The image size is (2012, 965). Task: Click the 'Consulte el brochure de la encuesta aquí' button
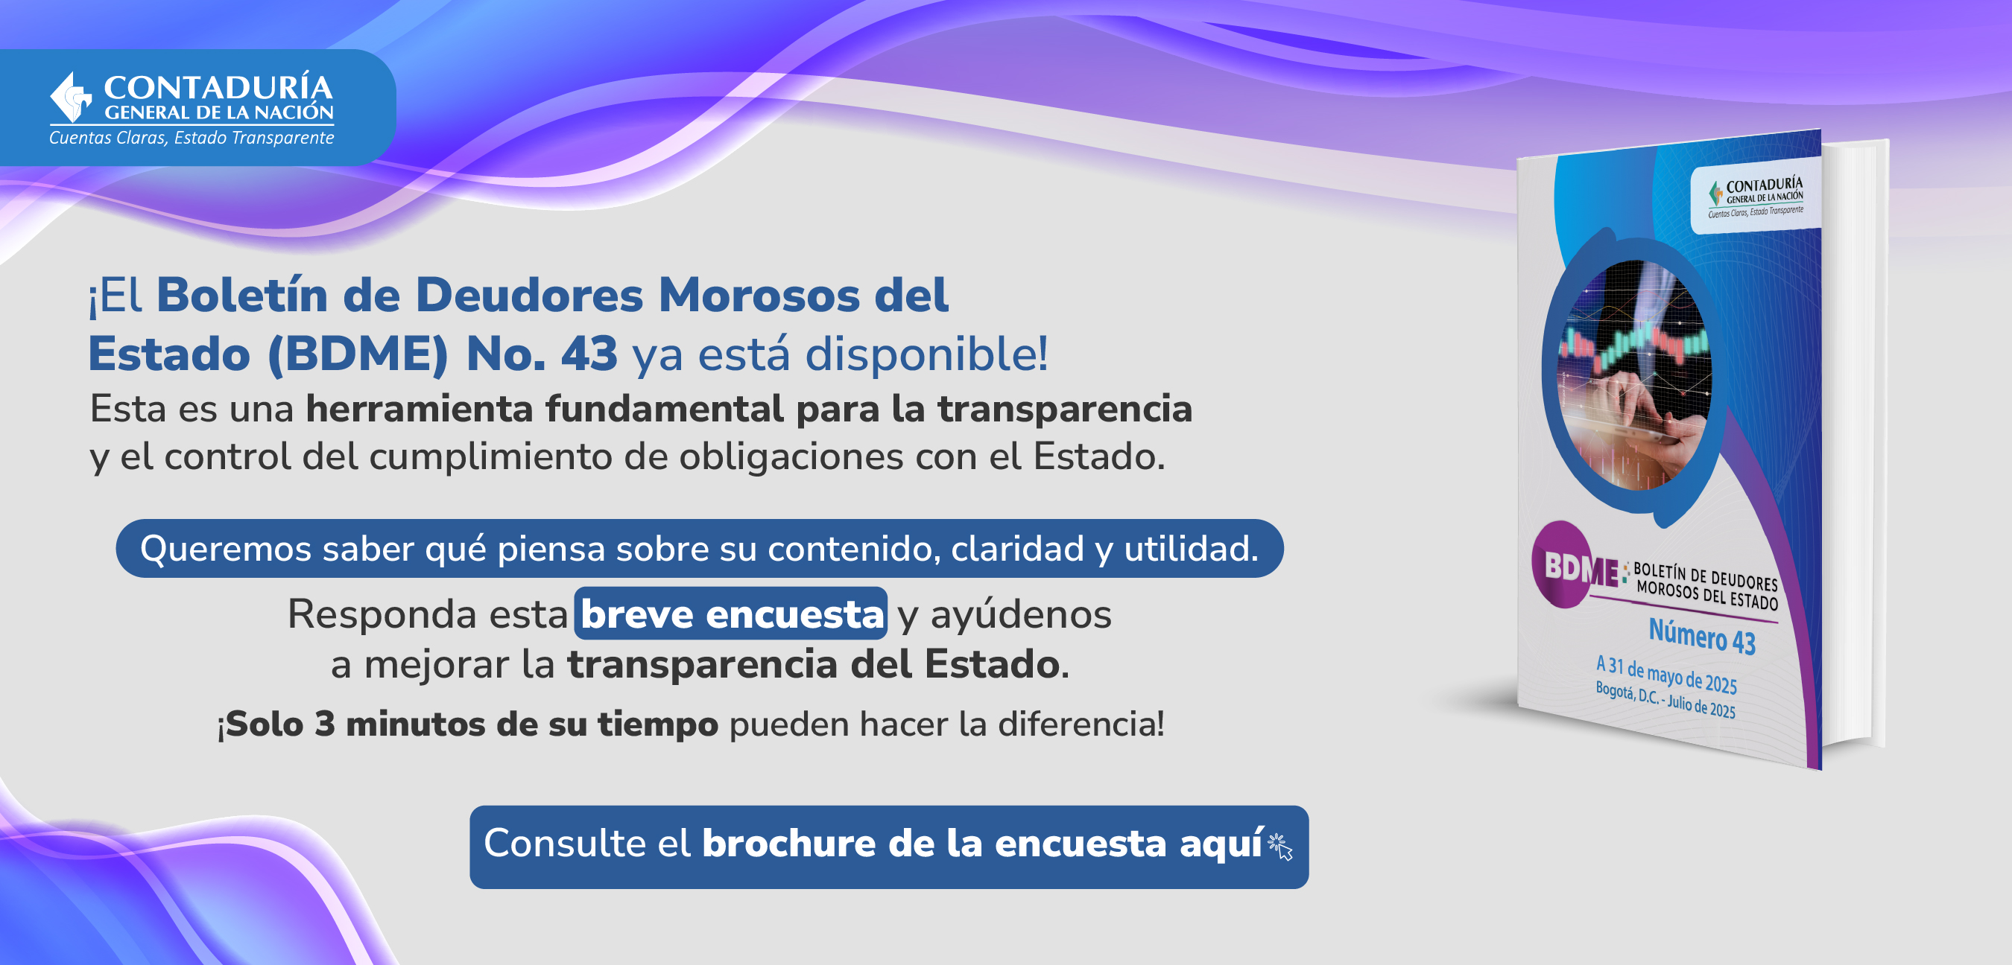pyautogui.click(x=889, y=847)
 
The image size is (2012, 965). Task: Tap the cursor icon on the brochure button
pyautogui.click(x=1281, y=847)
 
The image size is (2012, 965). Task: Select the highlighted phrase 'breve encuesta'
pyautogui.click(x=731, y=614)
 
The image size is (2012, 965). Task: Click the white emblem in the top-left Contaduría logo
pyautogui.click(x=70, y=98)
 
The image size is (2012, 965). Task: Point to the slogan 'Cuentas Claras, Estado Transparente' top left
pyautogui.click(x=192, y=138)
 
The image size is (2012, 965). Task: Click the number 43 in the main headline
pyautogui.click(x=589, y=354)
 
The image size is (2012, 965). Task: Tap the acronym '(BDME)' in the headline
pyautogui.click(x=358, y=354)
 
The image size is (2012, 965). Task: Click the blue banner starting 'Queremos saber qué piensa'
pyautogui.click(x=699, y=548)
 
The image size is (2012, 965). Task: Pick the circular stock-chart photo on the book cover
pyautogui.click(x=1635, y=375)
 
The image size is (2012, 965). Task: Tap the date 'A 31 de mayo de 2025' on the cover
pyautogui.click(x=1666, y=675)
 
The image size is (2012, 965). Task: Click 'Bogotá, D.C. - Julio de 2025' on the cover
pyautogui.click(x=1665, y=699)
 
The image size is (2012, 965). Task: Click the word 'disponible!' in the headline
pyautogui.click(x=926, y=354)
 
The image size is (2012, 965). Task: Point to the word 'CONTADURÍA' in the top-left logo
pyautogui.click(x=218, y=87)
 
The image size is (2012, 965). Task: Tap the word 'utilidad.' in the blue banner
pyautogui.click(x=1191, y=548)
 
